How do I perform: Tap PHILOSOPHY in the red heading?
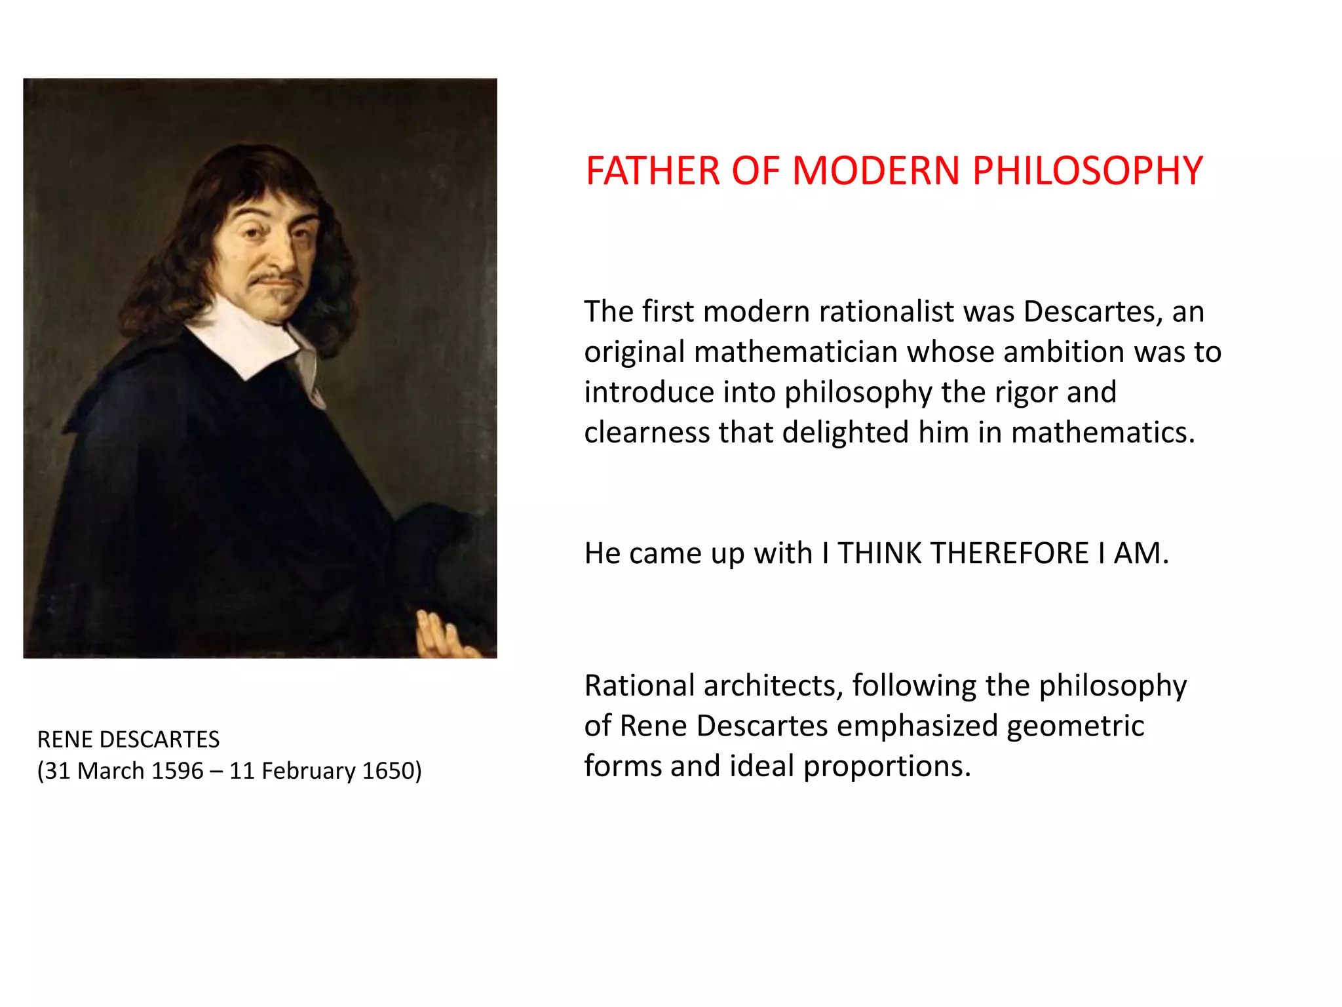(1087, 171)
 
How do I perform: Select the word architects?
(773, 686)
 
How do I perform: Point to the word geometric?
(1075, 726)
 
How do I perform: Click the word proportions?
(887, 766)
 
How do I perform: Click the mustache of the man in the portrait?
(275, 280)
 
